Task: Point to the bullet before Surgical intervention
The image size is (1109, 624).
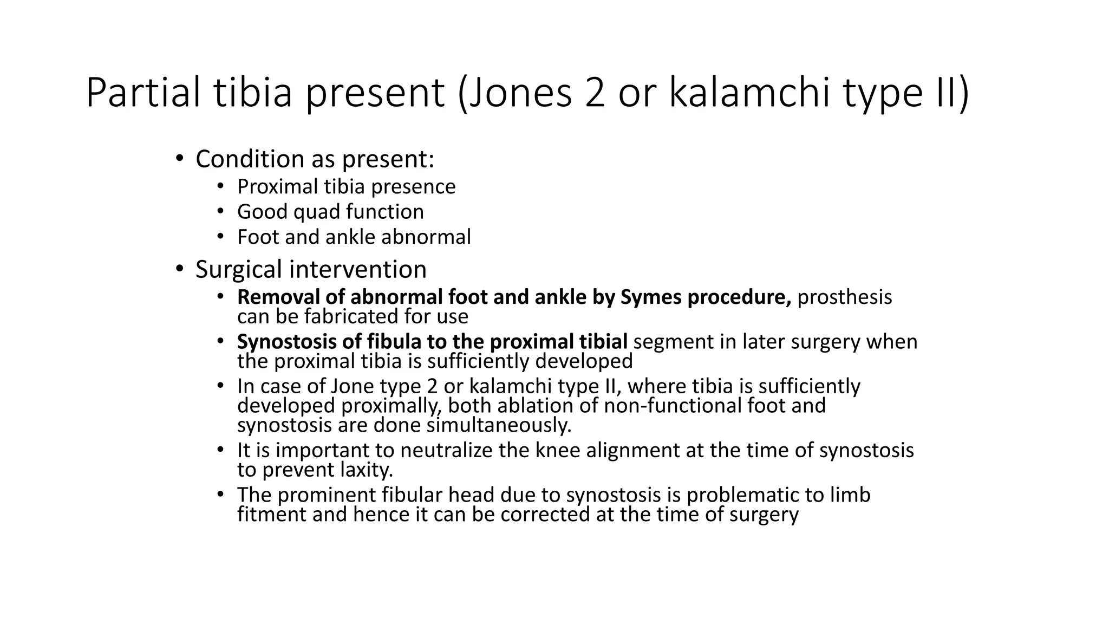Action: [180, 269]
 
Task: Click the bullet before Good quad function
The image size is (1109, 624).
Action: [220, 211]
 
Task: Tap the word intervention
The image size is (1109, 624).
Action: [357, 269]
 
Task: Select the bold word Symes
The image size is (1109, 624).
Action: [651, 297]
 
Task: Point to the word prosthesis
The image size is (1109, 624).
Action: [844, 297]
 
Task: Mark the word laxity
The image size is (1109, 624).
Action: [367, 470]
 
